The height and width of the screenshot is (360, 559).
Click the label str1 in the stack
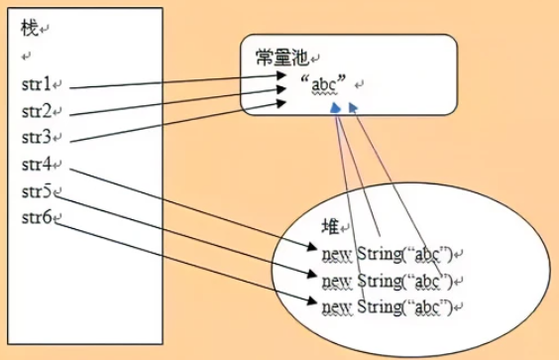click(36, 86)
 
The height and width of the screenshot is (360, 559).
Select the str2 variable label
click(36, 112)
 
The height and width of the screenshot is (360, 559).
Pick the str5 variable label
click(36, 190)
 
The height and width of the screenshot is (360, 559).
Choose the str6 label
click(36, 216)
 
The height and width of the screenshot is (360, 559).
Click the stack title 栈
click(28, 29)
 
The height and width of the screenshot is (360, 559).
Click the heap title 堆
click(332, 225)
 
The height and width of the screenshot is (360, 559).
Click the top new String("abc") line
click(387, 253)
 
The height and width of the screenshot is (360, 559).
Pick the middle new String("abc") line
click(387, 279)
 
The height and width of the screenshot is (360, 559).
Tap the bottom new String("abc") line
click(387, 304)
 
